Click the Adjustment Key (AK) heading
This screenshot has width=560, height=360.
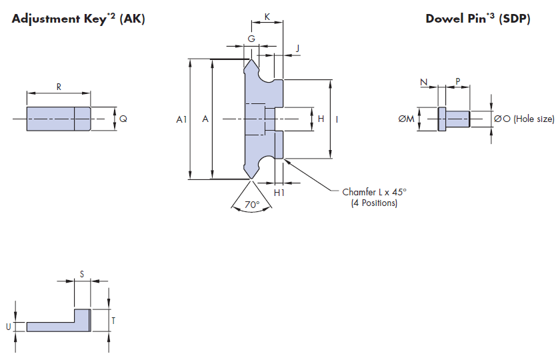[x=78, y=19]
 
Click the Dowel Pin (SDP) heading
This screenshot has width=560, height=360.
[x=477, y=19]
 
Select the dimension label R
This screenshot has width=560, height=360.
[x=59, y=87]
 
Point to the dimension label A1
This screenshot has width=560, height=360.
[x=181, y=119]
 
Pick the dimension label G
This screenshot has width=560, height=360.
[x=251, y=39]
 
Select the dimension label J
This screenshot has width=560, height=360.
[x=297, y=48]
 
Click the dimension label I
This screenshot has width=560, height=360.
[x=337, y=119]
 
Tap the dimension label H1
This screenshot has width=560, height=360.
[x=280, y=192]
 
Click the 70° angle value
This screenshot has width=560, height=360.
[x=251, y=205]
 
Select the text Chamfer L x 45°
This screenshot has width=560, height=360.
[x=374, y=192]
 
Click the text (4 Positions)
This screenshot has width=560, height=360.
[x=374, y=203]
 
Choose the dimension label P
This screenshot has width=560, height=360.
[x=457, y=81]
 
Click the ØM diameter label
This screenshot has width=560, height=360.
[x=406, y=119]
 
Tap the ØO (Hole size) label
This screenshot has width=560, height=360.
[x=524, y=119]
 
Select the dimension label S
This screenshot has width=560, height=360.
[x=82, y=274]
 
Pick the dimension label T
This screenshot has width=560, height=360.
[x=113, y=321]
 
